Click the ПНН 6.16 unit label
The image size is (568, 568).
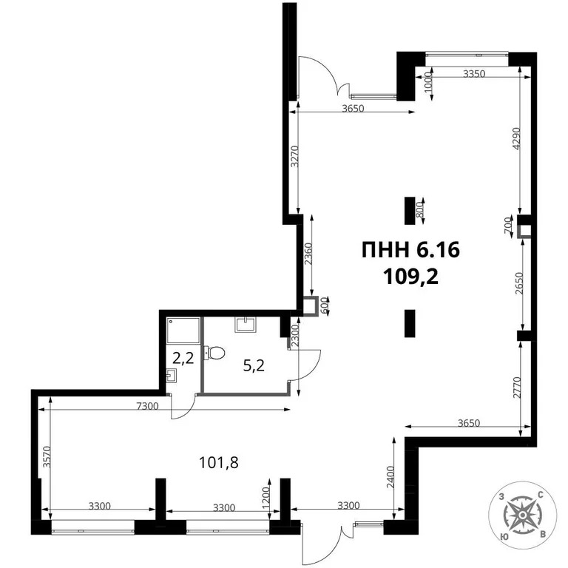[x=410, y=251]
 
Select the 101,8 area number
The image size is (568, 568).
[x=220, y=463]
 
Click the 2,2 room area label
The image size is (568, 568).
[x=183, y=359]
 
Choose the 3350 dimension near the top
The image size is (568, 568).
[x=475, y=74]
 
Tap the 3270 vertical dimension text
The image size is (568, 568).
[x=294, y=158]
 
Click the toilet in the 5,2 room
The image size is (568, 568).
[x=216, y=354]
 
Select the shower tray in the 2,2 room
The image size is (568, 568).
[x=183, y=331]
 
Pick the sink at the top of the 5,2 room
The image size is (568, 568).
[x=245, y=323]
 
